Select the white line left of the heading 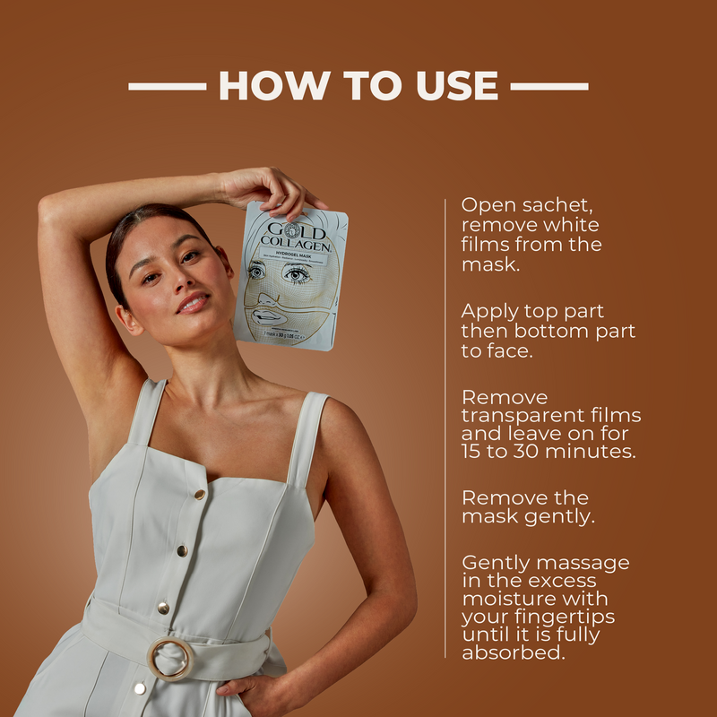(x=167, y=87)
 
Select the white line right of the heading (x=549, y=87)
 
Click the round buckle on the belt (x=169, y=659)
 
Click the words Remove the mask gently (x=525, y=507)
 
